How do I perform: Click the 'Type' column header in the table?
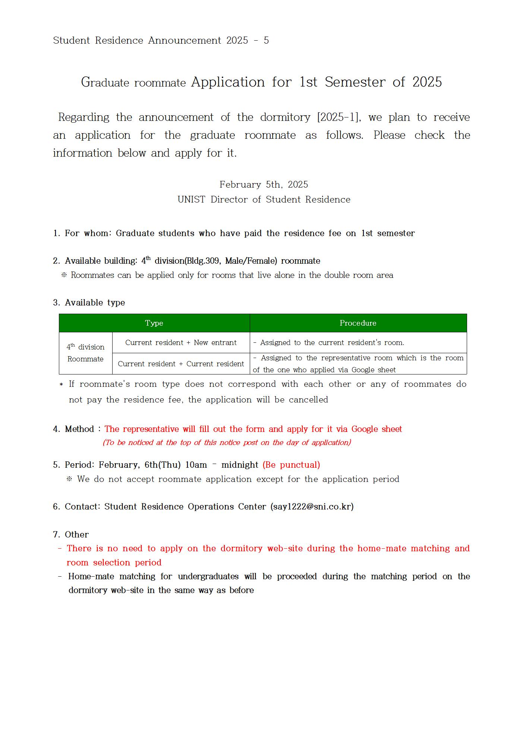(x=154, y=323)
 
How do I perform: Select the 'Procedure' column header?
(x=358, y=323)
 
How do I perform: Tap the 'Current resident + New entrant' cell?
(x=181, y=342)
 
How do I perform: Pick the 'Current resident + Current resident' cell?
(x=181, y=364)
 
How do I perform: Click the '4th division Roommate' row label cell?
(x=85, y=353)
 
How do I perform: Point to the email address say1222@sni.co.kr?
(x=312, y=507)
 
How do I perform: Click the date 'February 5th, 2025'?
(x=264, y=185)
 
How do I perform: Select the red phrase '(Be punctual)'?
(x=291, y=465)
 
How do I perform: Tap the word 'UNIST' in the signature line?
(x=191, y=200)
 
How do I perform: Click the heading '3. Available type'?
(x=89, y=302)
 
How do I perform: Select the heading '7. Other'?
(x=71, y=534)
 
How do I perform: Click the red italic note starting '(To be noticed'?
(x=227, y=443)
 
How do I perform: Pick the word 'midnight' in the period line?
(x=240, y=465)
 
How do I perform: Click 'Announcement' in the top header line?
(x=185, y=40)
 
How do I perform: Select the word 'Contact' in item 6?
(x=82, y=507)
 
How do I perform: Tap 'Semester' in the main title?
(x=355, y=82)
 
